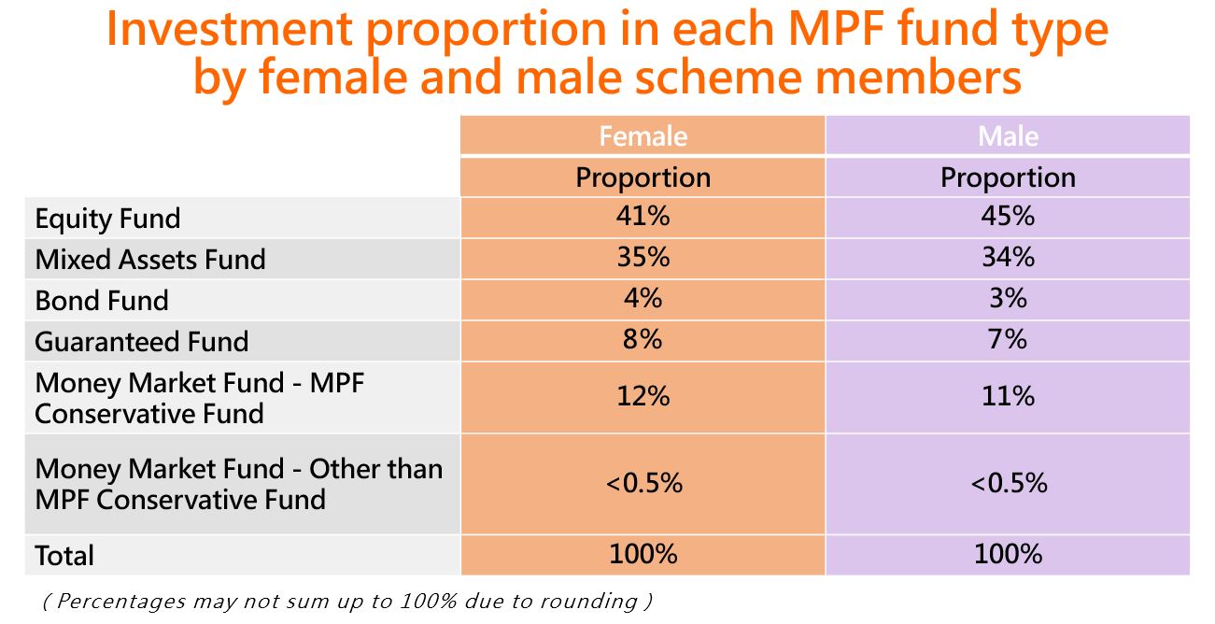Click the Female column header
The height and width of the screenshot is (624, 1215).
643,136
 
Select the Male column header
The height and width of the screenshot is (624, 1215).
1008,136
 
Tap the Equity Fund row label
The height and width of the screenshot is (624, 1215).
107,220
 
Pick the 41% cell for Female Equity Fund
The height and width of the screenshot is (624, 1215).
643,216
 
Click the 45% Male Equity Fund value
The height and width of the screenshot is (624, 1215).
1008,216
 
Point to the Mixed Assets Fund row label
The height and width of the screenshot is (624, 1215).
150,260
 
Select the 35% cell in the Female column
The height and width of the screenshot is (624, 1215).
643,257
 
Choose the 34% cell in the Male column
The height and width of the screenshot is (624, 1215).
1008,257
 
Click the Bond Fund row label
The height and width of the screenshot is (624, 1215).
102,301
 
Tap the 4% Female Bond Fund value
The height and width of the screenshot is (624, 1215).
643,298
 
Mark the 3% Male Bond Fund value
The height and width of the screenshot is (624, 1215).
1008,298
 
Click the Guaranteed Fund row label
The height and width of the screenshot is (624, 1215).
142,342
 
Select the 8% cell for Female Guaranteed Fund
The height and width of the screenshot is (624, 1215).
643,340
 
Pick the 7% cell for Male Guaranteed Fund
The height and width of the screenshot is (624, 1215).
1008,340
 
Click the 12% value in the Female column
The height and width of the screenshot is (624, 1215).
643,396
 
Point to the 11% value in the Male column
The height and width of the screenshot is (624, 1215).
1008,396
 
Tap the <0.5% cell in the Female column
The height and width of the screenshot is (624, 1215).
643,483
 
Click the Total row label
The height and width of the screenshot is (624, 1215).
64,556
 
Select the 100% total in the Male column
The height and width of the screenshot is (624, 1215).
1008,554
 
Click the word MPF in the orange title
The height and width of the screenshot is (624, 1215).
836,29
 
